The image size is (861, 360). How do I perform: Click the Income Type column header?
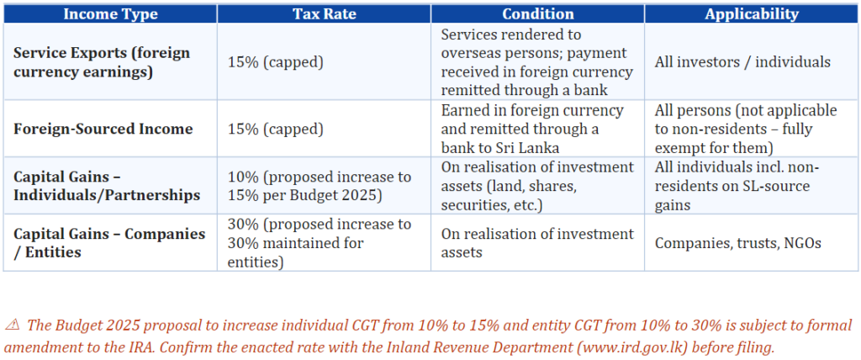110,13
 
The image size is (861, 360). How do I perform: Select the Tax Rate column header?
324,13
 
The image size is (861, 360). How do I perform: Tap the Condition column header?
537,13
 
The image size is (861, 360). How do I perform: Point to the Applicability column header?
752,13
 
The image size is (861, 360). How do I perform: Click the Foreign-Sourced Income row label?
103,129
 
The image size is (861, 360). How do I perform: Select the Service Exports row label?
102,61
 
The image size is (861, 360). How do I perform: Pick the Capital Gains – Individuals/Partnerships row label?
107,187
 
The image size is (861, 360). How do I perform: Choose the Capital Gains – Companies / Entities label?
109,243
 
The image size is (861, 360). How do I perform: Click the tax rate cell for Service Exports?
276,61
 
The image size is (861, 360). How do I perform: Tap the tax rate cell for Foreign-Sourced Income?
276,129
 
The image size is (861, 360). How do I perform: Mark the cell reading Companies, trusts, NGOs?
738,243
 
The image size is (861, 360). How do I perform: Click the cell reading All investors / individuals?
742,61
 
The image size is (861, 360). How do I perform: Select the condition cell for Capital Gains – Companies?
537,243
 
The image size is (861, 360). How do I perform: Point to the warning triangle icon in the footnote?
12,326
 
